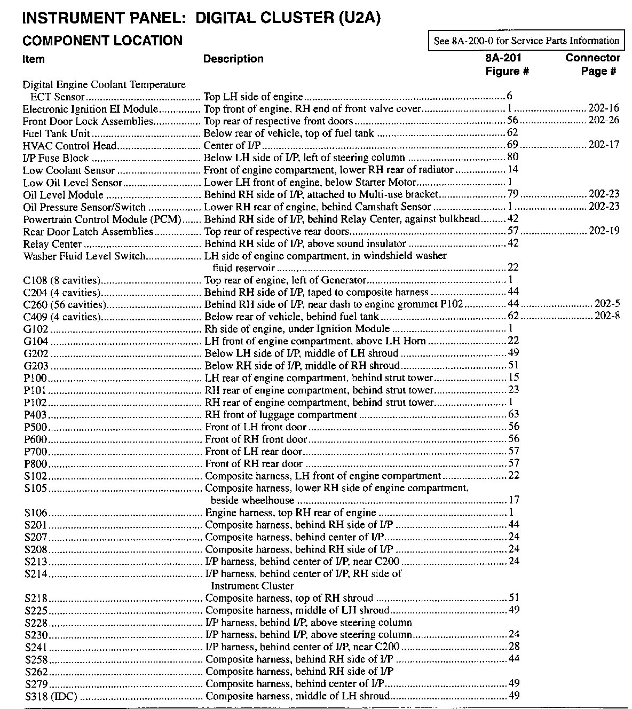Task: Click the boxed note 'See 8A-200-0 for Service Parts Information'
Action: coord(526,41)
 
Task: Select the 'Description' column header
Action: coord(233,59)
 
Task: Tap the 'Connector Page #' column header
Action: coord(592,64)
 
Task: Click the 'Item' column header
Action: coord(34,59)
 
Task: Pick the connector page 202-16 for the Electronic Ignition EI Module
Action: coord(604,108)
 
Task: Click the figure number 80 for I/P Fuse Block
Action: coord(512,157)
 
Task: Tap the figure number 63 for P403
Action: coord(513,414)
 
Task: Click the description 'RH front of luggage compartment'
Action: coord(281,415)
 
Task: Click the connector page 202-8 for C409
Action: coord(607,316)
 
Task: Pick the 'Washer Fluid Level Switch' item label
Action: coord(84,256)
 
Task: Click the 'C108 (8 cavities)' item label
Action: coord(62,280)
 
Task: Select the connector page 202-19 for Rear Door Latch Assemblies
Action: coord(604,231)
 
